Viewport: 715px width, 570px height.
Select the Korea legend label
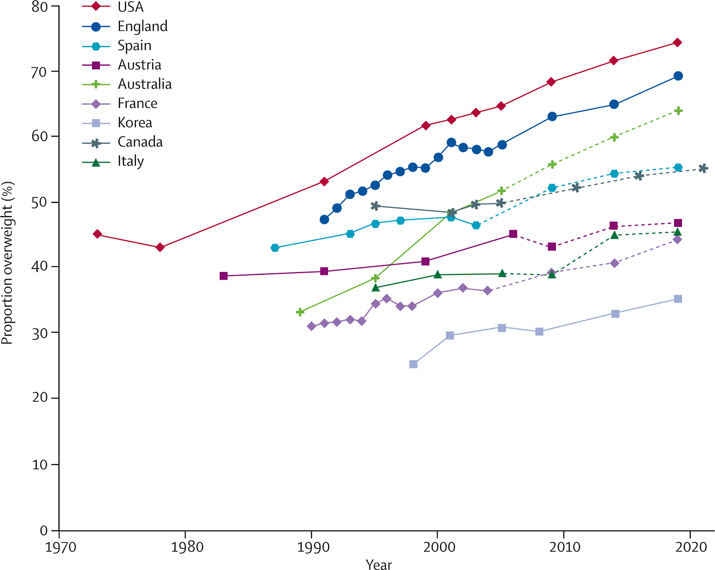pyautogui.click(x=135, y=122)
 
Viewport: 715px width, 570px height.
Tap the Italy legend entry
pyautogui.click(x=130, y=161)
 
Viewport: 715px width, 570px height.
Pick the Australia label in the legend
pyautogui.click(x=144, y=84)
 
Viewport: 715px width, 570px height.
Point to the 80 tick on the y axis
pyautogui.click(x=39, y=7)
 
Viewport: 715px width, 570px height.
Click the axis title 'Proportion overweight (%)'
pyautogui.click(x=8, y=263)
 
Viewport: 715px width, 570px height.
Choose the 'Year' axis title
pyautogui.click(x=379, y=564)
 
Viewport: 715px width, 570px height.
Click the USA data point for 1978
pyautogui.click(x=160, y=247)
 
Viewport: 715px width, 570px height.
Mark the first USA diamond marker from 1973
pyautogui.click(x=97, y=234)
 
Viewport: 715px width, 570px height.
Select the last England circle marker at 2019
pyautogui.click(x=678, y=76)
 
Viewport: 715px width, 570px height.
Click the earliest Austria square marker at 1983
pyautogui.click(x=224, y=276)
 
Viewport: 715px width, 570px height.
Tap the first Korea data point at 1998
pyautogui.click(x=413, y=365)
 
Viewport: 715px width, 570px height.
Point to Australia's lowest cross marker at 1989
pyautogui.click(x=300, y=312)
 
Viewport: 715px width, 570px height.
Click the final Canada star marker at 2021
pyautogui.click(x=703, y=168)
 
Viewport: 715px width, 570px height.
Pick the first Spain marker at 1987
pyautogui.click(x=275, y=247)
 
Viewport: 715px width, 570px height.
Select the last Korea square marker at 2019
pyautogui.click(x=678, y=299)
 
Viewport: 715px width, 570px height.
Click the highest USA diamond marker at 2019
pyautogui.click(x=677, y=42)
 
